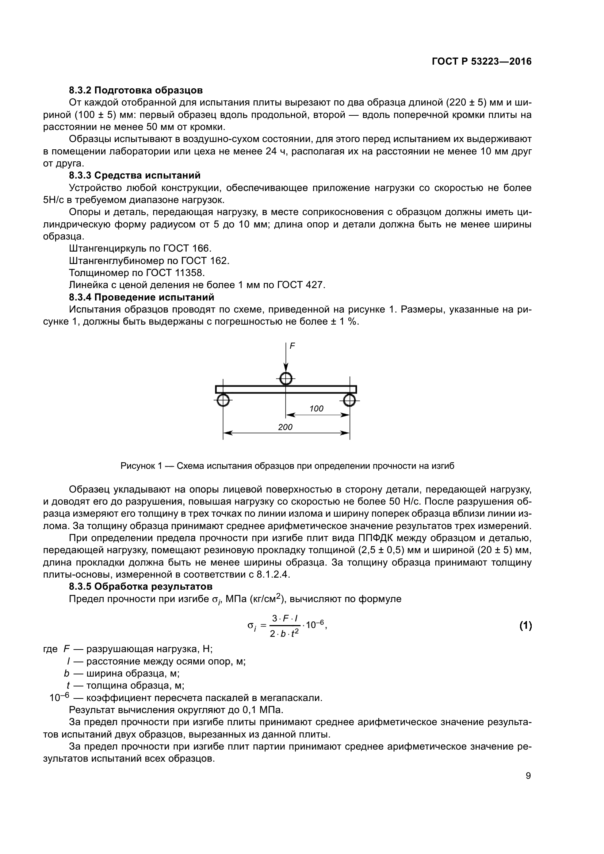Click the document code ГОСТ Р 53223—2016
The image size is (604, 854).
(x=482, y=62)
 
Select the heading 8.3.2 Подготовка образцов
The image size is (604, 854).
(x=136, y=91)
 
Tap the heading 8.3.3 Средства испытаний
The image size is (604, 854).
(x=135, y=175)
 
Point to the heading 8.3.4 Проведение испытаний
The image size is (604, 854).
(x=141, y=297)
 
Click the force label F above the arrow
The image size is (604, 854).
(x=293, y=346)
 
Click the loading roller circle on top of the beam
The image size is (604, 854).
(x=286, y=379)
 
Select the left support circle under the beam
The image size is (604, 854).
(x=223, y=400)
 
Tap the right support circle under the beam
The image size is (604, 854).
(x=349, y=400)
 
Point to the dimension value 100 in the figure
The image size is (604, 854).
(x=317, y=409)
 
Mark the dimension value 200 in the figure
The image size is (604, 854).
(x=285, y=427)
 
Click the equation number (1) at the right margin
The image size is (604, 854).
(x=525, y=626)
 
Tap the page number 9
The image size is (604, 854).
(x=528, y=776)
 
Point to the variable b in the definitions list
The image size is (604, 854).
(x=67, y=674)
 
